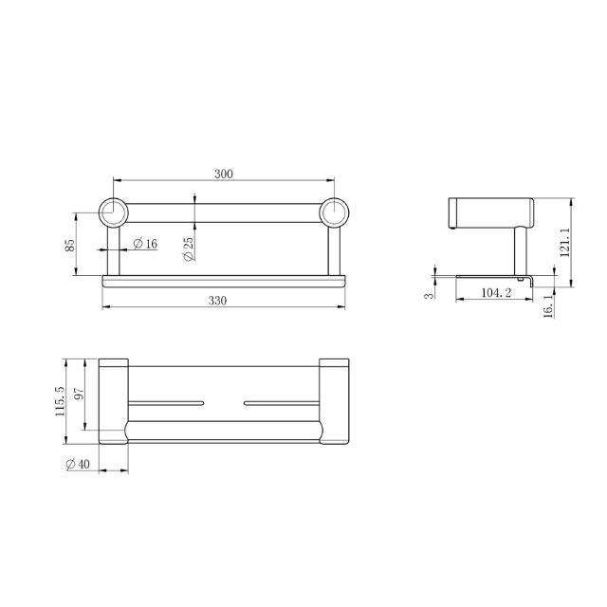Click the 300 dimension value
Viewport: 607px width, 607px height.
point(223,174)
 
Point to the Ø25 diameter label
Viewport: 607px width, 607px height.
point(188,249)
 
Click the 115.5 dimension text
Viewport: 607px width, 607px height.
point(59,401)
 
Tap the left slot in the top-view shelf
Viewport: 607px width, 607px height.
point(166,403)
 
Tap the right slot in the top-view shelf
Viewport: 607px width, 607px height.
point(280,403)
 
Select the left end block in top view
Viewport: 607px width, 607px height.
point(113,402)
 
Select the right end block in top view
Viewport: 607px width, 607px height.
point(334,402)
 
